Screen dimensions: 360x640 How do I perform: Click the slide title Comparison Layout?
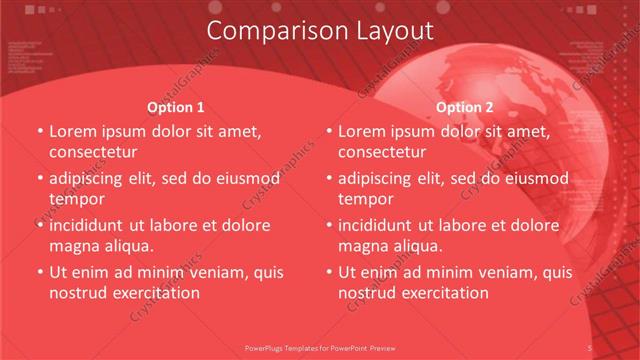point(320,31)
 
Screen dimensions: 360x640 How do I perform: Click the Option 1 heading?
point(175,107)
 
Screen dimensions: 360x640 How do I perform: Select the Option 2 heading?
point(465,107)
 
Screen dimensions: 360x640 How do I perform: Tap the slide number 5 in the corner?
point(591,346)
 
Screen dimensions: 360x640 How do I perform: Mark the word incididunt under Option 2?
point(380,225)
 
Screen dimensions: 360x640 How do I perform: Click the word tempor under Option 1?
point(76,199)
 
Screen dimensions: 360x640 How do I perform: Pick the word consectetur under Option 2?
point(382,152)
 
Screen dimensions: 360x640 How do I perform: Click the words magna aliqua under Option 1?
point(101,246)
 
